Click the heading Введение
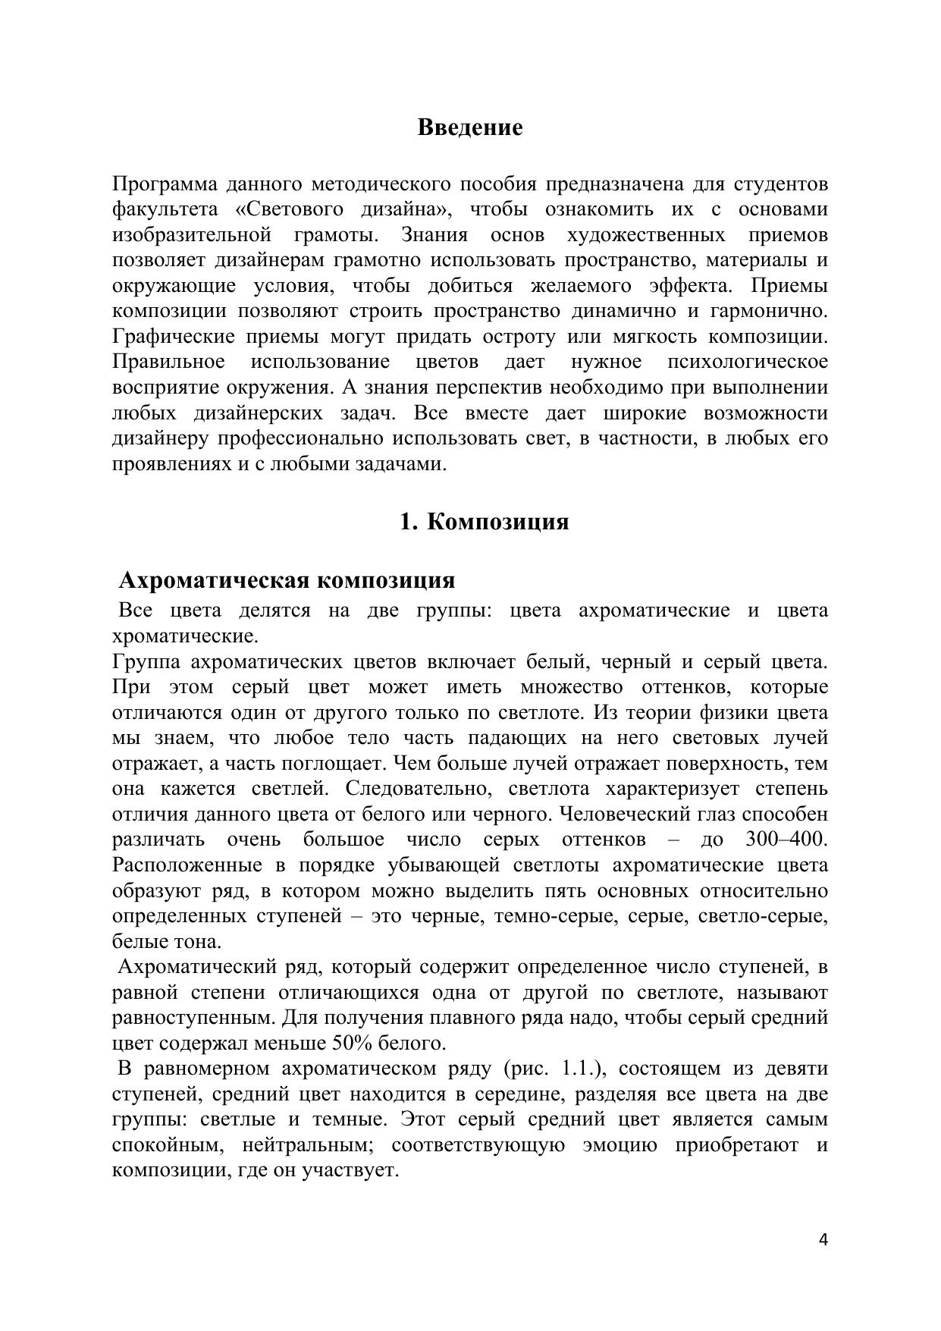click(x=469, y=127)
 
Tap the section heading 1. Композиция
click(x=485, y=522)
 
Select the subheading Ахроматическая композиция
click(x=287, y=580)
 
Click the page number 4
click(x=823, y=1240)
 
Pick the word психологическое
click(x=748, y=362)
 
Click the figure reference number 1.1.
click(x=579, y=1069)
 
